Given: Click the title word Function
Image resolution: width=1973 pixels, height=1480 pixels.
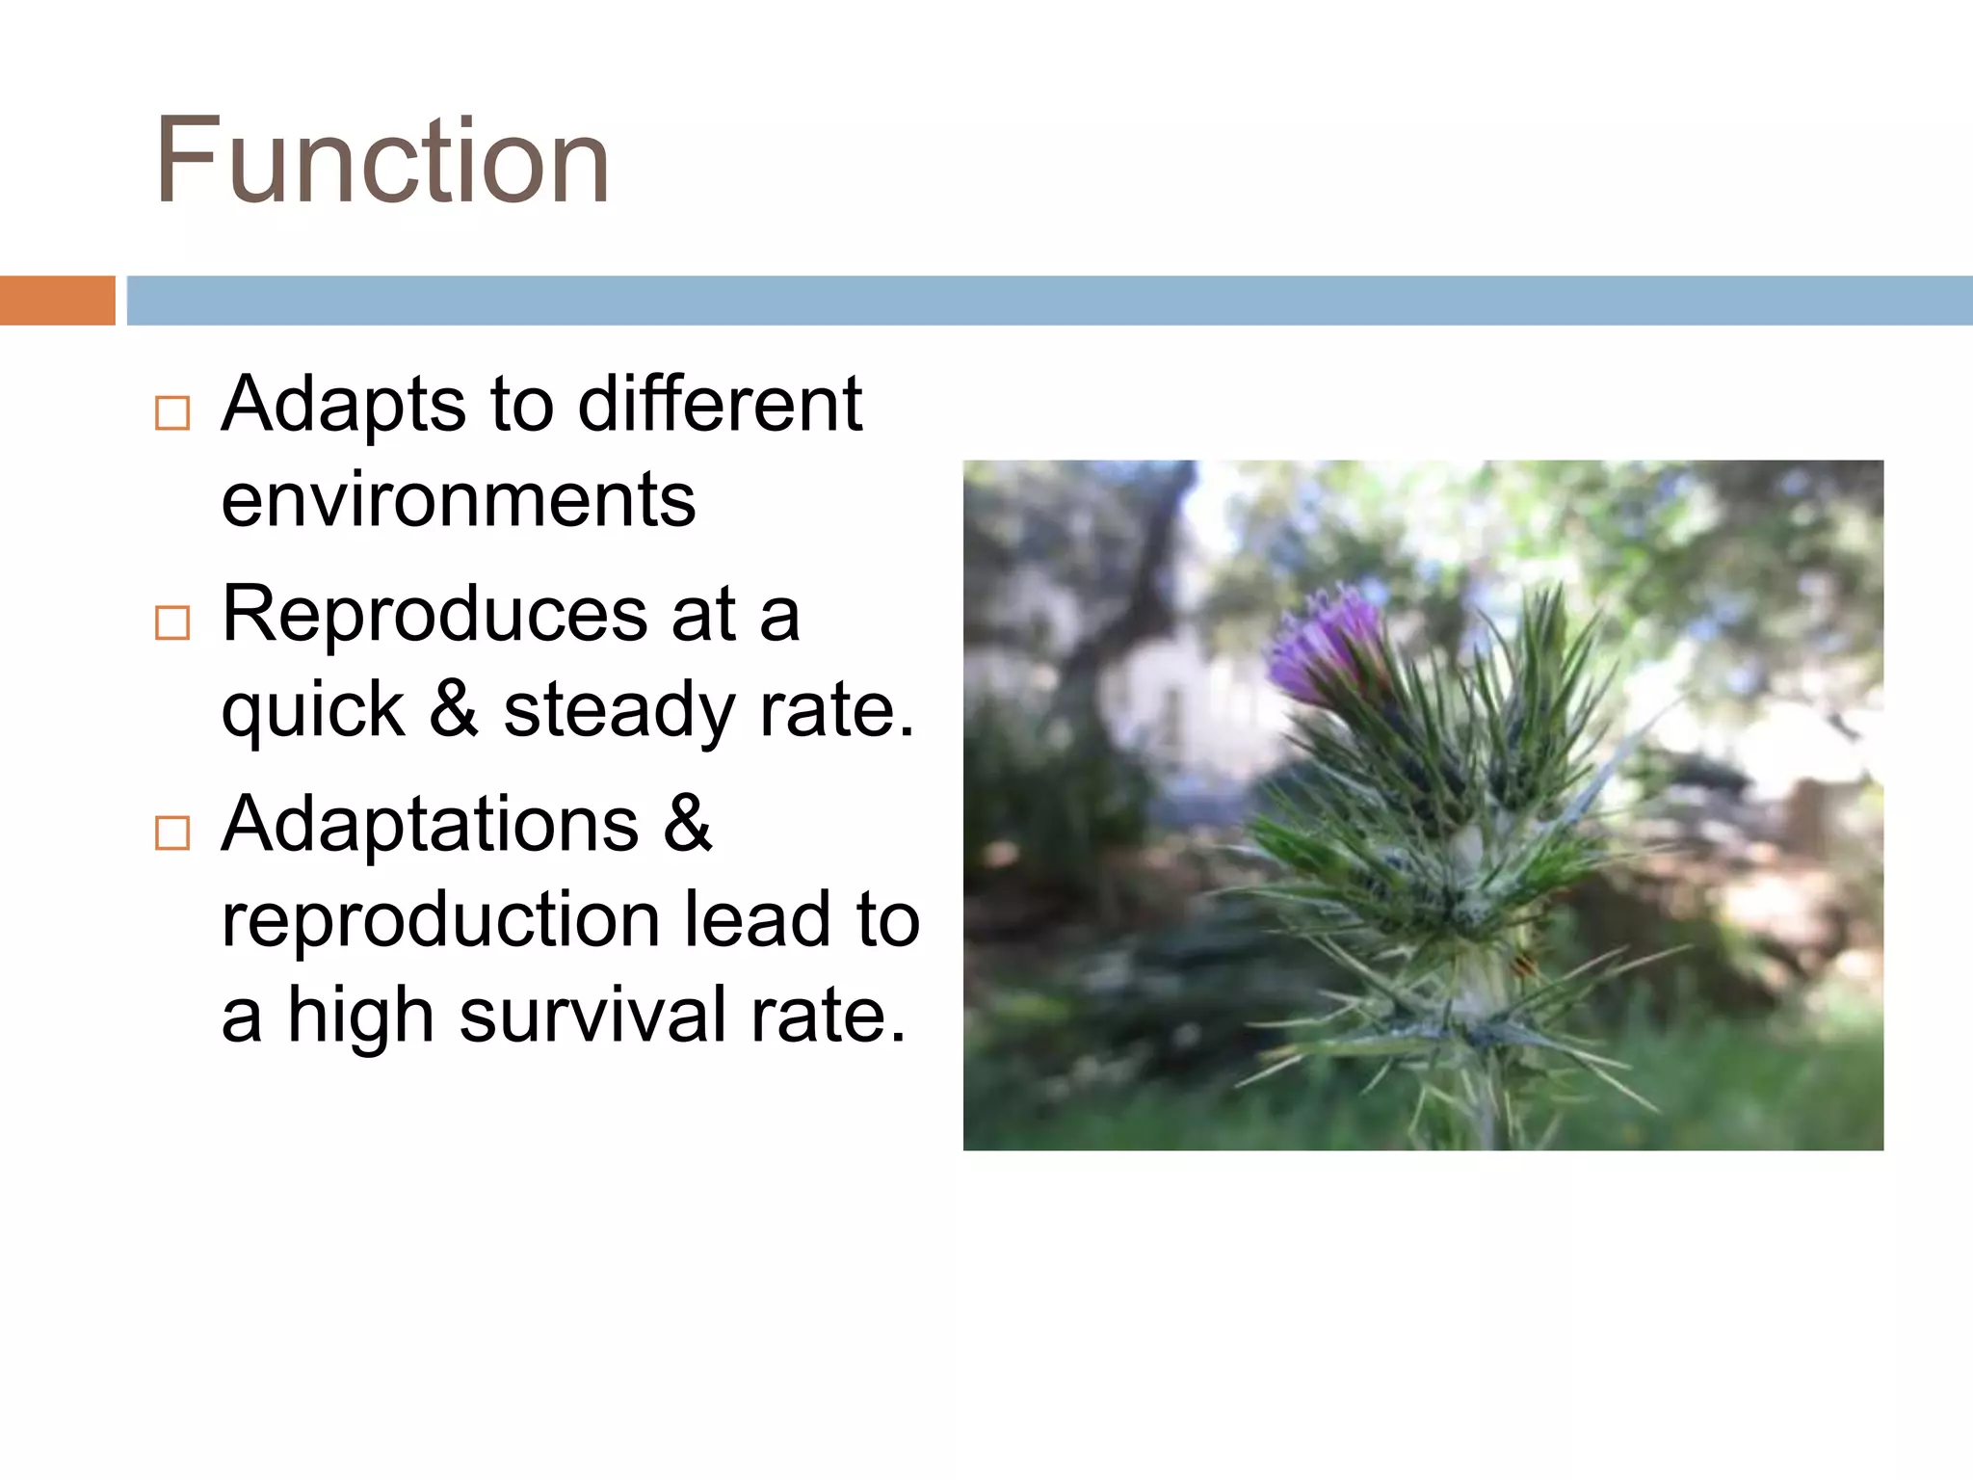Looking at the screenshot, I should (382, 161).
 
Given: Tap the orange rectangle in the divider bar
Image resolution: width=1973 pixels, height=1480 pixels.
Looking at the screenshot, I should (57, 301).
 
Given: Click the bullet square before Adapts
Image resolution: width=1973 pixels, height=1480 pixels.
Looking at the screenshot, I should (172, 412).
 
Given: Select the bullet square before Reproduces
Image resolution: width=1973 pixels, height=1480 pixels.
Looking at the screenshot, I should (172, 622).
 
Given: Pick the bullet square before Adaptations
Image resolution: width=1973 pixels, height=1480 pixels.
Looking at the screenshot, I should (172, 832).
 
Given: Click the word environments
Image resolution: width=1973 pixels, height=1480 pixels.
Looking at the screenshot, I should (458, 501).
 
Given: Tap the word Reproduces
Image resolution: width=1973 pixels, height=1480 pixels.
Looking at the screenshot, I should (434, 615).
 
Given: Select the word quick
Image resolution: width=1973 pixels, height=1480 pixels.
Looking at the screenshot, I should (313, 711).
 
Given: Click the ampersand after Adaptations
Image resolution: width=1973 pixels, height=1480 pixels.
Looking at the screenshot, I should (687, 825).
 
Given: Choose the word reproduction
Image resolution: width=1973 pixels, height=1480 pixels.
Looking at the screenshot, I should (440, 920).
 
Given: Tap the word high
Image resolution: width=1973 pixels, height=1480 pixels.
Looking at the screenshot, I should (361, 1016).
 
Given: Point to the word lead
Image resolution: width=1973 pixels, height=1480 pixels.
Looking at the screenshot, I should (756, 920).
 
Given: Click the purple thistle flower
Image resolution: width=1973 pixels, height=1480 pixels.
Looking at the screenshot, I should (1325, 646).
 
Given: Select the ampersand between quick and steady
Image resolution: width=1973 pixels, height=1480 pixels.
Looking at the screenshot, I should (453, 711).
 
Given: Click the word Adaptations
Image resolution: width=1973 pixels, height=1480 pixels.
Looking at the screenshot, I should (430, 825).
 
